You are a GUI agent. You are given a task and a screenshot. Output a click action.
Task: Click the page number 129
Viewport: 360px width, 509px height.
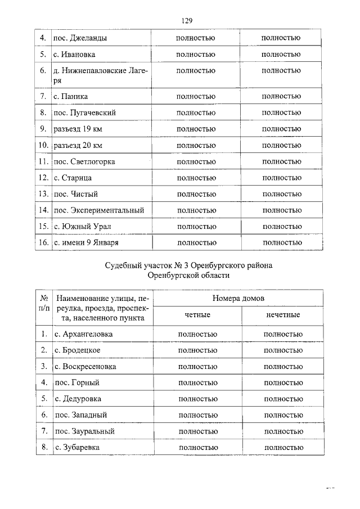click(187, 21)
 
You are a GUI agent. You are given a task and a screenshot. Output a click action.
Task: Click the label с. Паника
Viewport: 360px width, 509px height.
click(71, 96)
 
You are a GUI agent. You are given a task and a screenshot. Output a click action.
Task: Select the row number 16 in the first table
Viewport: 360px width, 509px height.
click(42, 242)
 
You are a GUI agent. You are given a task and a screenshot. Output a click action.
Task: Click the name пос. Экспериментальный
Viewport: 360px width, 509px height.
click(98, 210)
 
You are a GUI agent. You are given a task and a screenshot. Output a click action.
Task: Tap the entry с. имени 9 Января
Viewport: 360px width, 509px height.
click(86, 242)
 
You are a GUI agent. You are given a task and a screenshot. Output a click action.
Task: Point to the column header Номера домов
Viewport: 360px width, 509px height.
click(238, 298)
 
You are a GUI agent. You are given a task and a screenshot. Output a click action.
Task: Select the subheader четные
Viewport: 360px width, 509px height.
click(197, 314)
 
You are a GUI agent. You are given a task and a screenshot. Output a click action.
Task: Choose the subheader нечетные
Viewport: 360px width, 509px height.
click(282, 314)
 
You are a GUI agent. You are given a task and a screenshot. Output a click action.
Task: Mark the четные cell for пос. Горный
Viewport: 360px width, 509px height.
click(197, 382)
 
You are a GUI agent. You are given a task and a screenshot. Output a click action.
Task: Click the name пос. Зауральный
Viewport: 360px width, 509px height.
click(84, 431)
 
